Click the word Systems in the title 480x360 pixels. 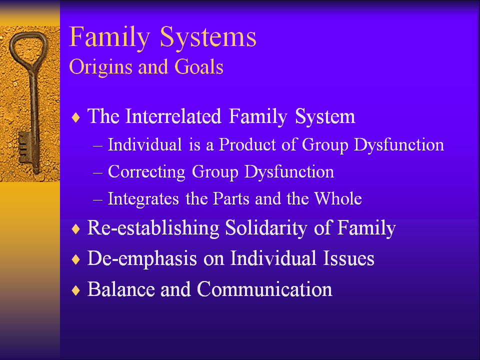pos(208,37)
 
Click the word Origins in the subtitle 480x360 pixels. pos(100,67)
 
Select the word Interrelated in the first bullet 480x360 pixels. pos(173,116)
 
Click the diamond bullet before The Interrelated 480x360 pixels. pos(75,117)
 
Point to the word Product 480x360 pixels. pos(247,144)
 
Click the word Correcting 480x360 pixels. pos(146,172)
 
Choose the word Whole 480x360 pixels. pos(338,198)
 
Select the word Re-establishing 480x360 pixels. pos(153,228)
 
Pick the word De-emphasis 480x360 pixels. pos(142,258)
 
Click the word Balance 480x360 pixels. pos(121,289)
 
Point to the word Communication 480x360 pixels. pos(264,289)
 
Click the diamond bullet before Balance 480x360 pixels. pos(75,290)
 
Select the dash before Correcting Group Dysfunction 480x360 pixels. pos(97,173)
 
